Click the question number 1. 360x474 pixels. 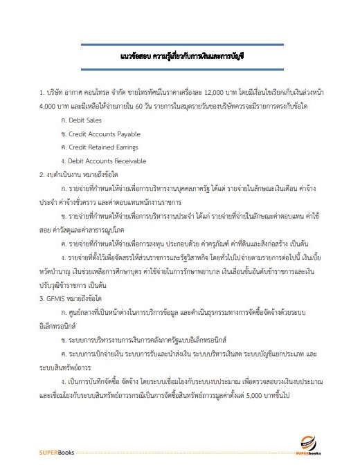pyautogui.click(x=41, y=92)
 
